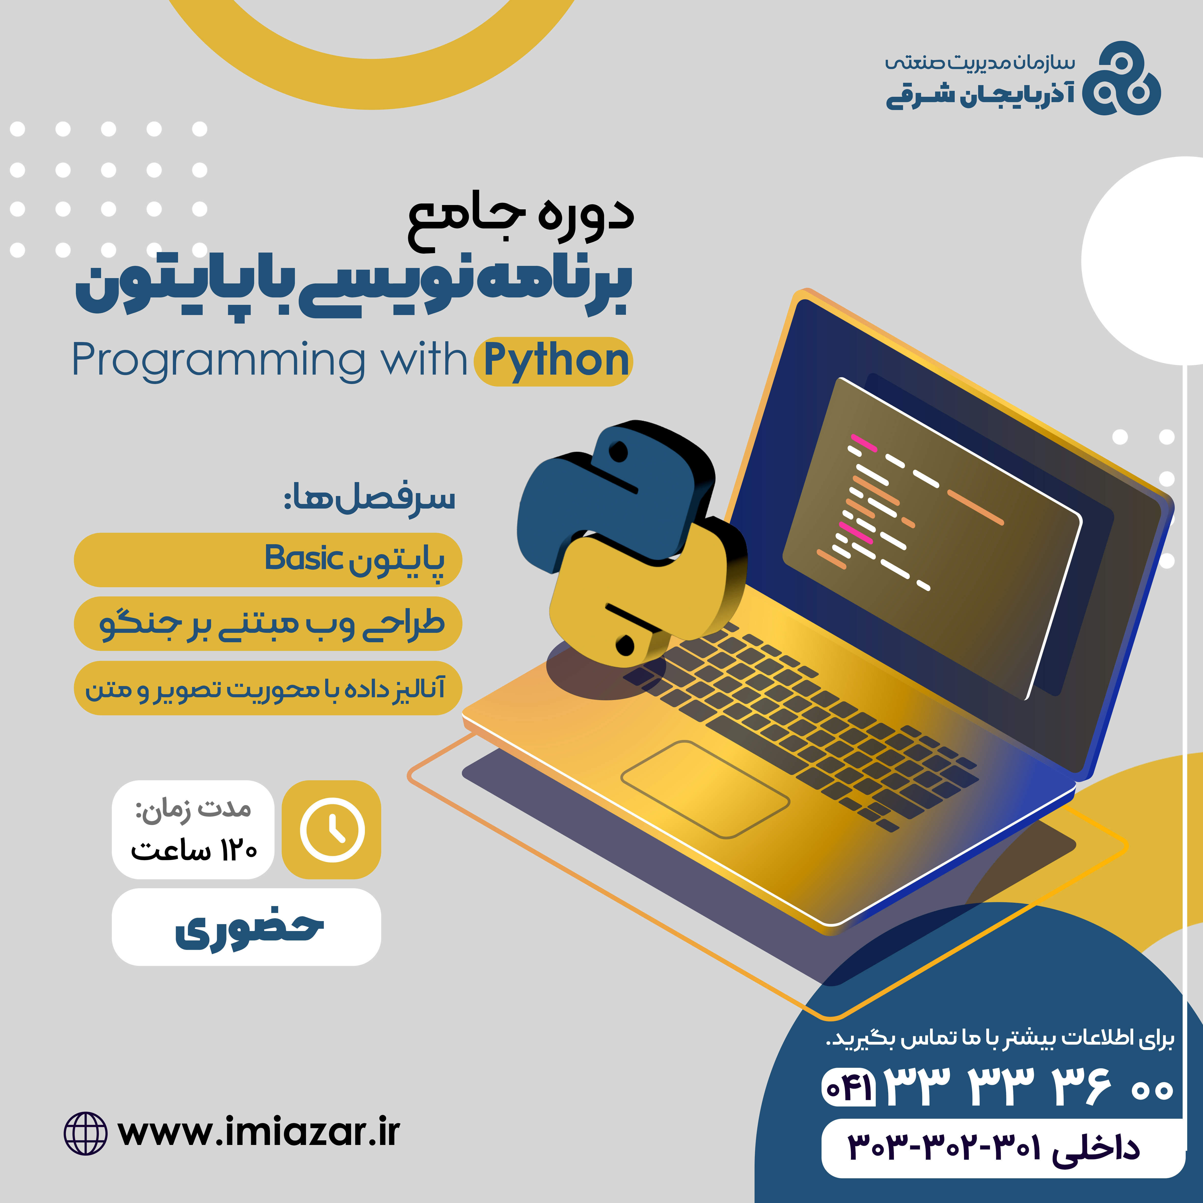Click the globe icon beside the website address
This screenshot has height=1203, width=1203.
[85, 1133]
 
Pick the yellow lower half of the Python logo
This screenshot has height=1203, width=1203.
[648, 598]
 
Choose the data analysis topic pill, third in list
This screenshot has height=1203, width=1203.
[268, 688]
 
